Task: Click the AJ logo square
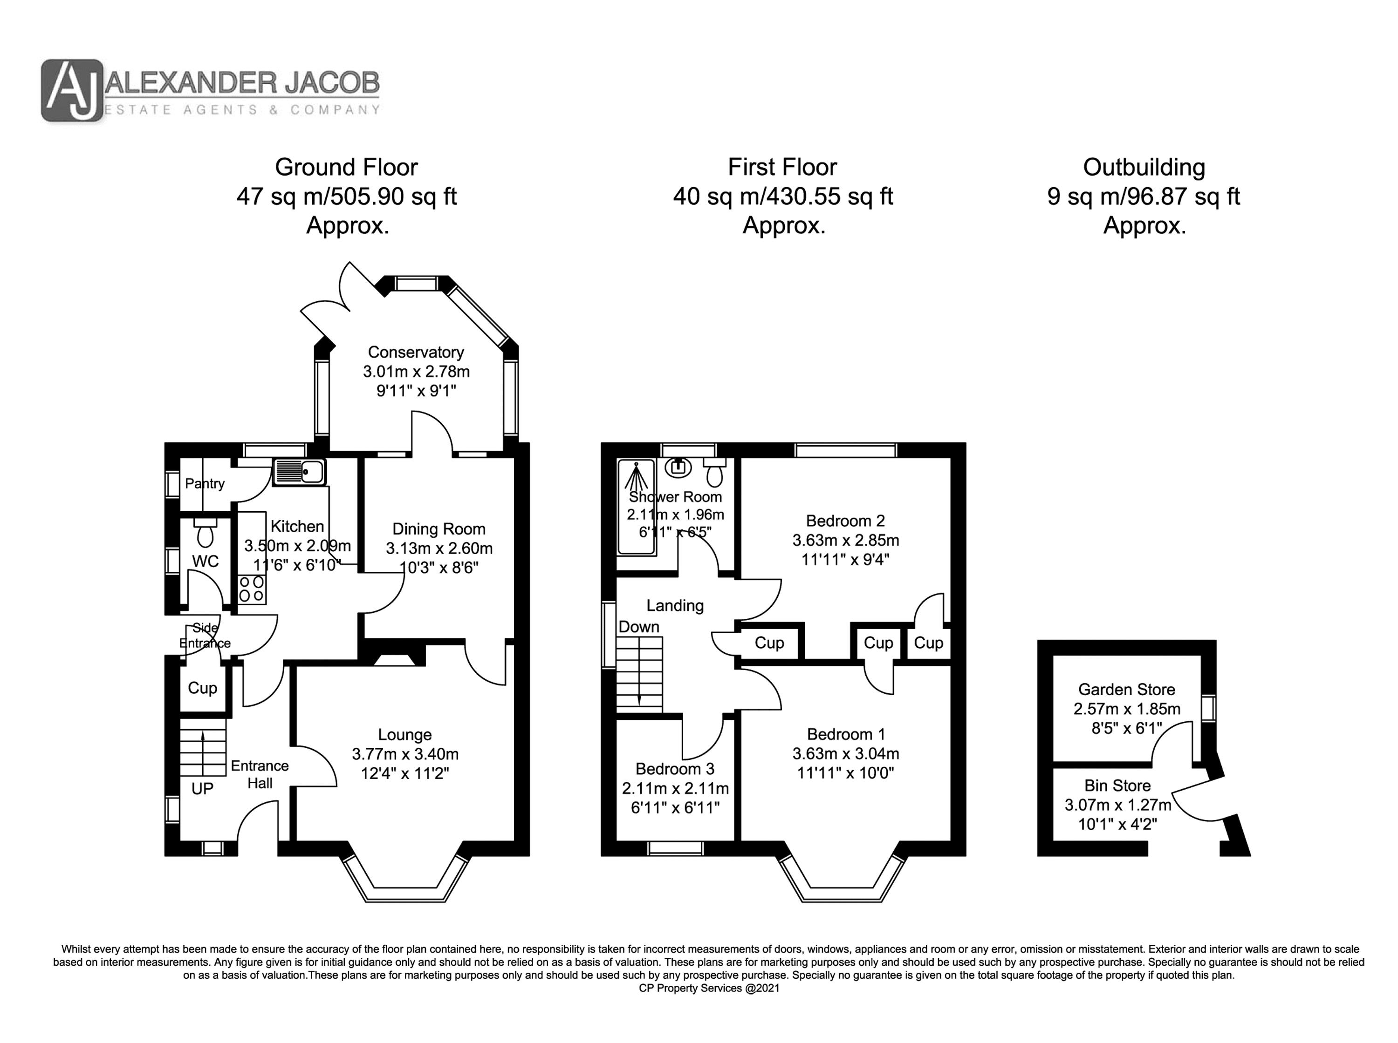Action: coord(72,90)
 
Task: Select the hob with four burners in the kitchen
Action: coord(252,589)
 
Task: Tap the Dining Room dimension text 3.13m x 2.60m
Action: coord(439,548)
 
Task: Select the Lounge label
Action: coord(405,734)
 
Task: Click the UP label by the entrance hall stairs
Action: coord(202,789)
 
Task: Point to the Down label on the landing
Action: coord(639,627)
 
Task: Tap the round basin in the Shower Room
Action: coord(678,467)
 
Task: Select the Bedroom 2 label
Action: coord(845,521)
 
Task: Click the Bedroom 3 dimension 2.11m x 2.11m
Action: coord(675,789)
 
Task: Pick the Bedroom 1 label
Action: coord(846,734)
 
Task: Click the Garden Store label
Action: coord(1126,690)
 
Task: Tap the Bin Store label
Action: coord(1117,786)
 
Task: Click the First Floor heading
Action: coord(782,167)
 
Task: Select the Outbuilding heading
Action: coord(1144,167)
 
